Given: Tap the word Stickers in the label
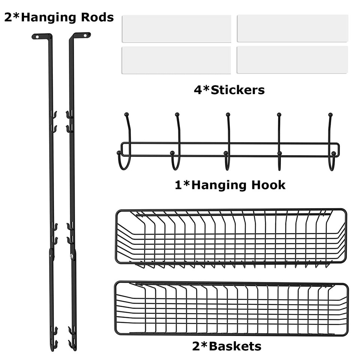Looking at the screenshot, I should pos(238,90).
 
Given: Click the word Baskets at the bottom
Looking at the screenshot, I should pos(235,346).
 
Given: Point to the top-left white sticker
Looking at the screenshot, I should pos(176,28).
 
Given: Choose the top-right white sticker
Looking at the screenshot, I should pos(292,28).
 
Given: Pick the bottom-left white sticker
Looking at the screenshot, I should pos(176,60).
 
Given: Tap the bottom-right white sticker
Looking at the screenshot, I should pos(292,60).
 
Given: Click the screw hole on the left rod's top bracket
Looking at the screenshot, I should pos(37,36).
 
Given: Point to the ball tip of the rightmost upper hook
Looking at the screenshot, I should pos(330,114).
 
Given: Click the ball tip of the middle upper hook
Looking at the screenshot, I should pos(228,114).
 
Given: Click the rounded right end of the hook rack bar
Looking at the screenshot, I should pos(338,150).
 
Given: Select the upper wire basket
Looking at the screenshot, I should pos(231,236).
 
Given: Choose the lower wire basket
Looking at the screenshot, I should pos(231,308).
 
